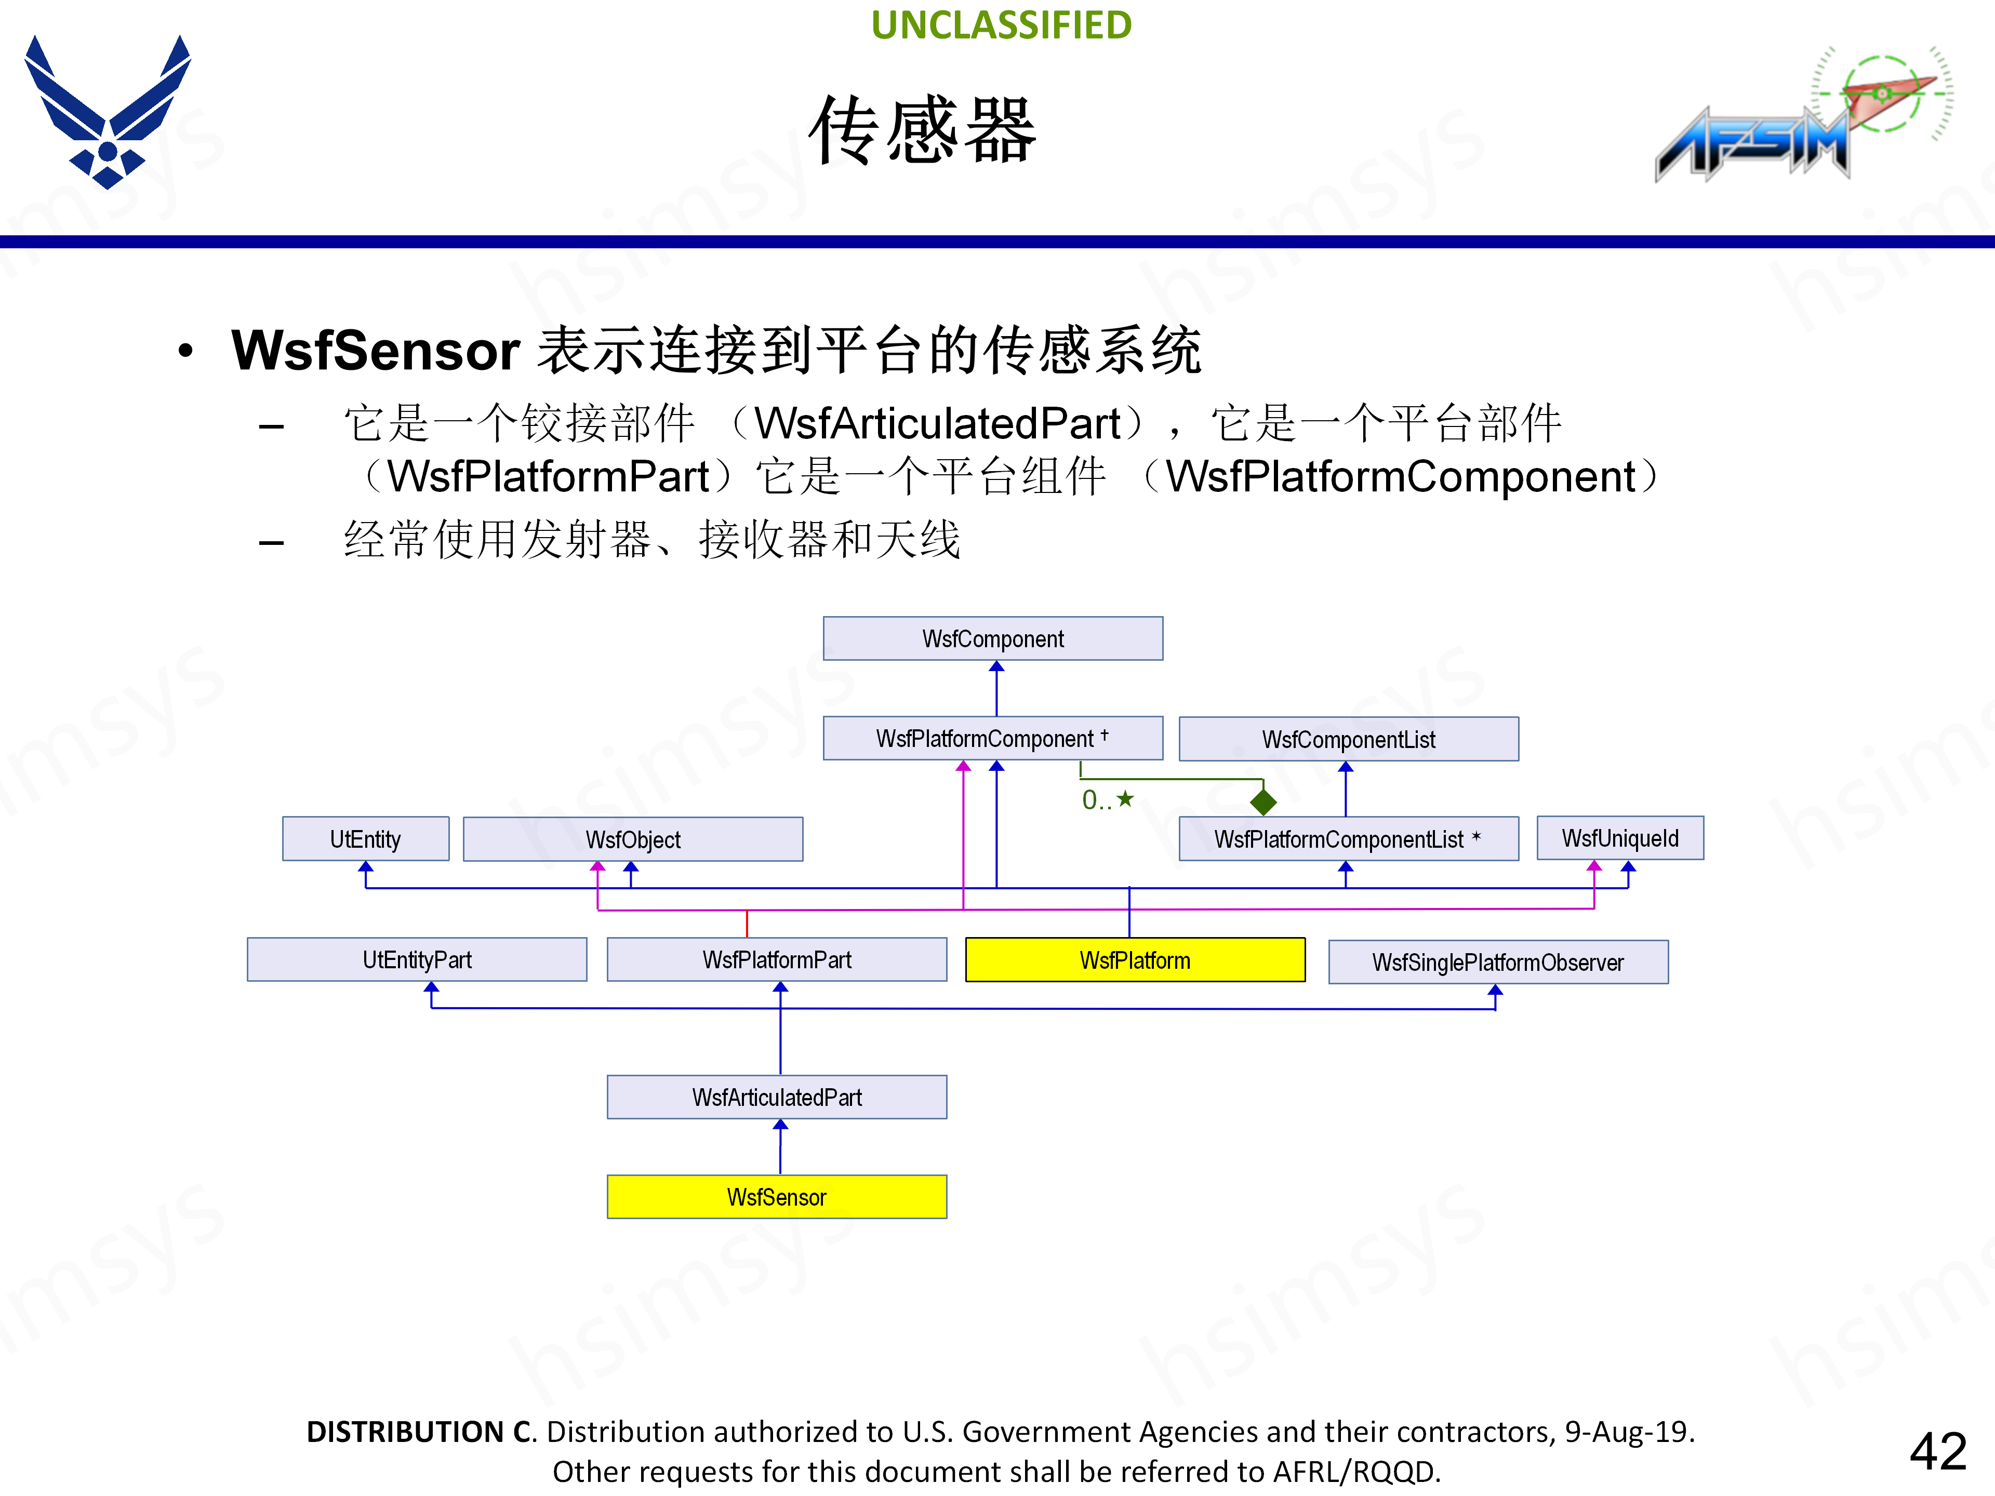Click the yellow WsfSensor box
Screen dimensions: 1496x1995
point(777,1197)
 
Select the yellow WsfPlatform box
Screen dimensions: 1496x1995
point(1135,959)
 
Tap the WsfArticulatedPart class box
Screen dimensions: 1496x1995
point(777,1097)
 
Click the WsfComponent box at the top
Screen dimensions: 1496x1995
point(992,638)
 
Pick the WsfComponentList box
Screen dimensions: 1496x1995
point(1348,740)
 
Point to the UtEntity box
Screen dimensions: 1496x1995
point(365,838)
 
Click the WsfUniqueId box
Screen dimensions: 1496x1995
point(1620,838)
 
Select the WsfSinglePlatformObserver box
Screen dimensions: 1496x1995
point(1497,962)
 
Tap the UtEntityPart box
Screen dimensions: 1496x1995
point(417,959)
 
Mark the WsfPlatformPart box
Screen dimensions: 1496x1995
point(777,959)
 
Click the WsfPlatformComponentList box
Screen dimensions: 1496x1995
point(1348,838)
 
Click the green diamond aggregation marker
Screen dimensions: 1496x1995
point(1262,801)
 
